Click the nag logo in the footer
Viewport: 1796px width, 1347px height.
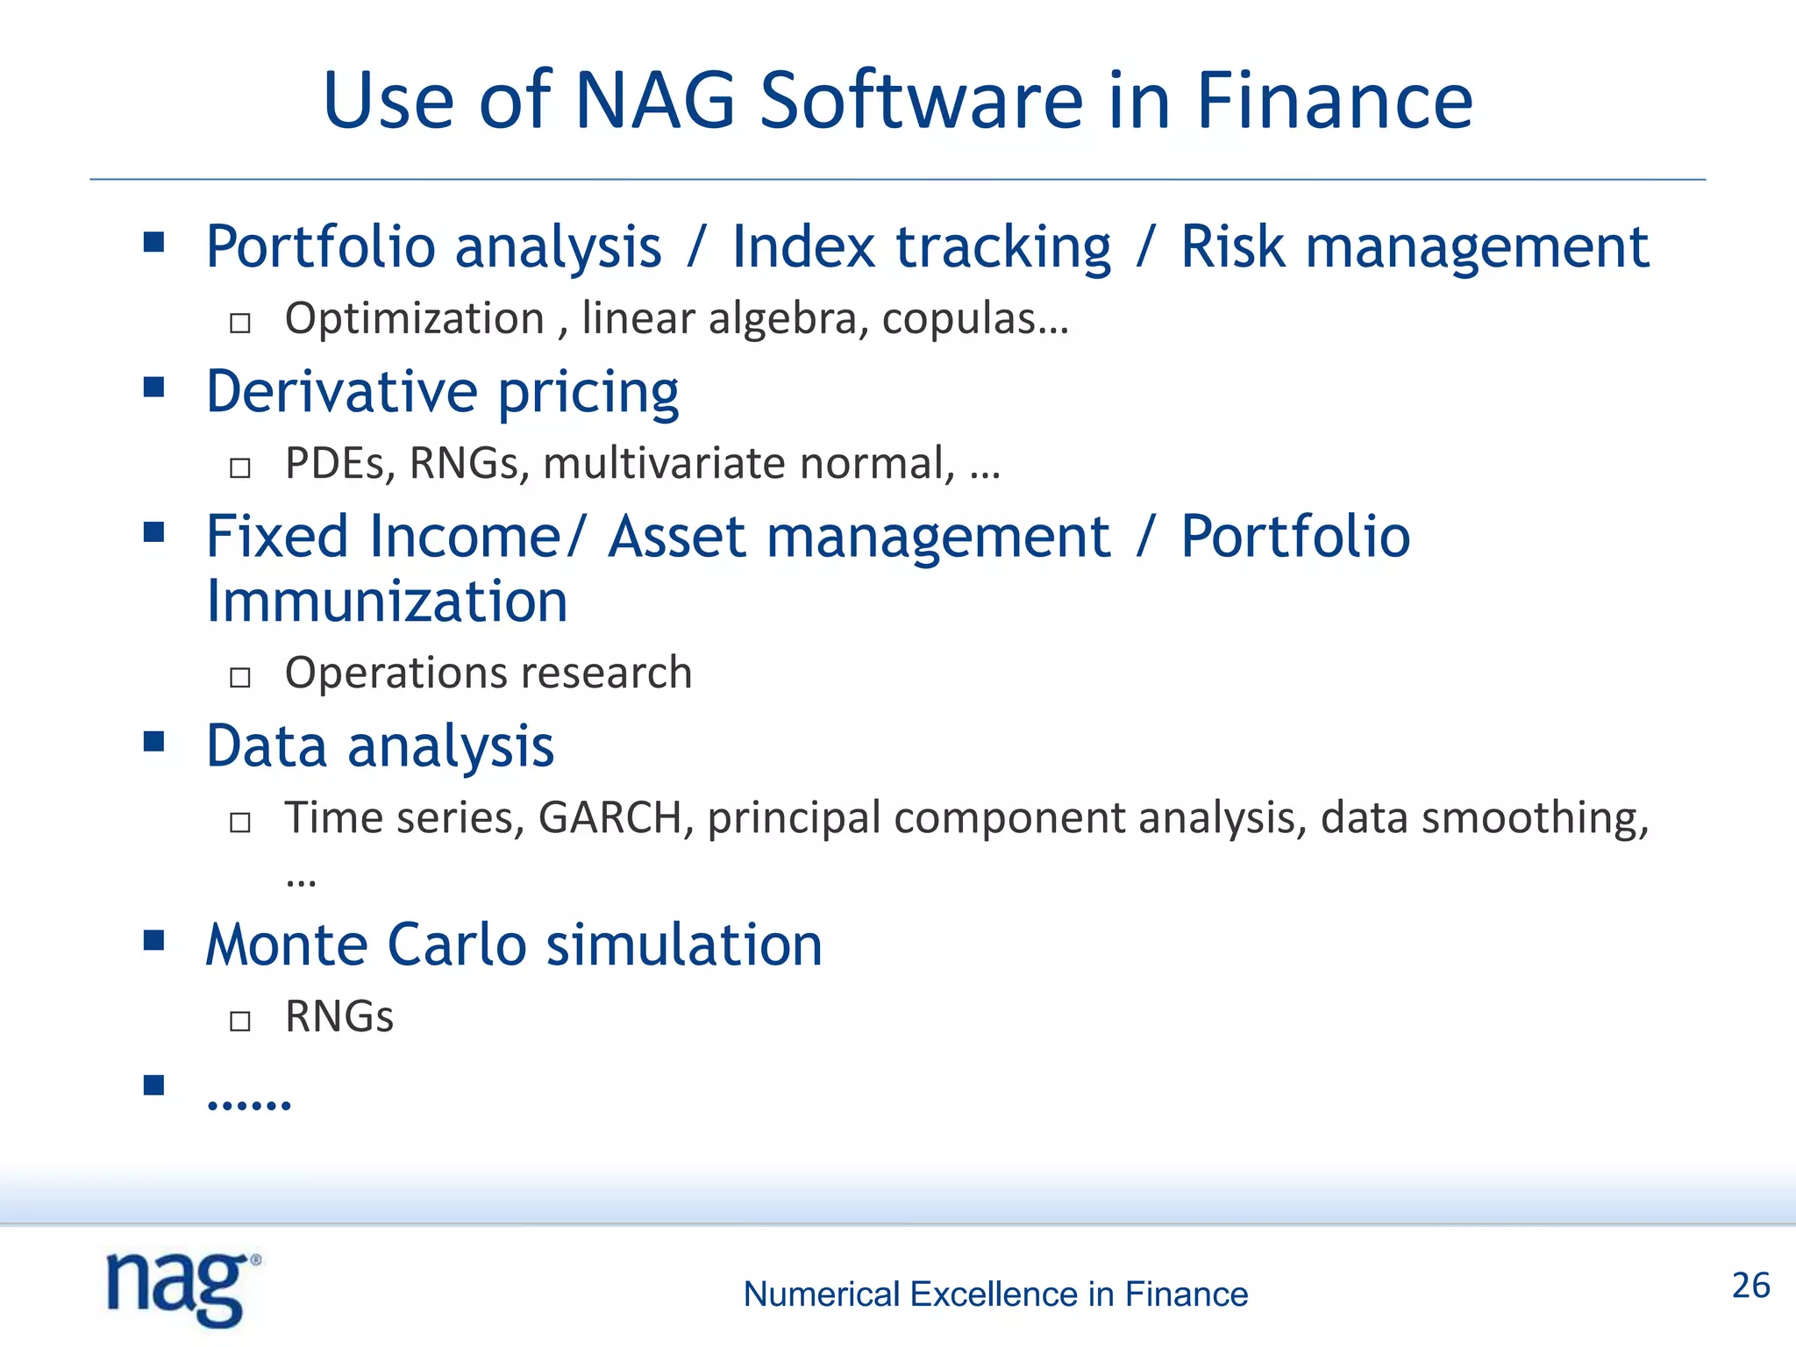tap(182, 1288)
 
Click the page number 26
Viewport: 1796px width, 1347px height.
tap(1750, 1286)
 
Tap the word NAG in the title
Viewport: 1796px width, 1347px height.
tap(653, 101)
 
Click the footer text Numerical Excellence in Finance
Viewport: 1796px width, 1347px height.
tap(995, 1294)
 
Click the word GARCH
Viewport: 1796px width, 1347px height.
tap(610, 817)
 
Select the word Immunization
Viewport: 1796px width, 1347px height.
tap(387, 602)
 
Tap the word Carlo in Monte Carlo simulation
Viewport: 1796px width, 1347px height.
tap(456, 945)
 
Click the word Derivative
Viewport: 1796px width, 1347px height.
tap(341, 391)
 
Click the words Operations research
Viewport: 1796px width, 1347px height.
tap(488, 673)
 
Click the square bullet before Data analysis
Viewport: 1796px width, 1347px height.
tap(154, 742)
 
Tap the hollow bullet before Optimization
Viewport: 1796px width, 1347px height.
tap(240, 324)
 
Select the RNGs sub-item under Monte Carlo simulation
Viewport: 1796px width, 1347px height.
tap(339, 1016)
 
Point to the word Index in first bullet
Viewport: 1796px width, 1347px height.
tap(803, 246)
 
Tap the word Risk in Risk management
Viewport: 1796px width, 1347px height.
tap(1232, 246)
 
